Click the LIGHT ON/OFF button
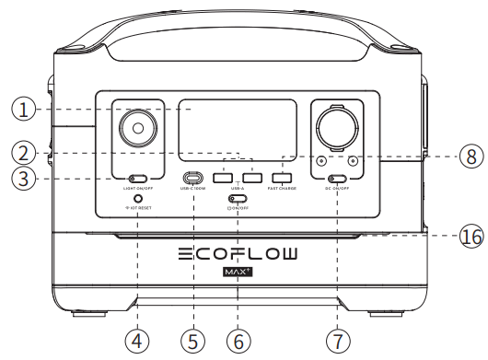[139, 178]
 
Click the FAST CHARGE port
[283, 177]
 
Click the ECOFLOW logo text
[238, 254]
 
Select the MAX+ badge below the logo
[238, 273]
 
